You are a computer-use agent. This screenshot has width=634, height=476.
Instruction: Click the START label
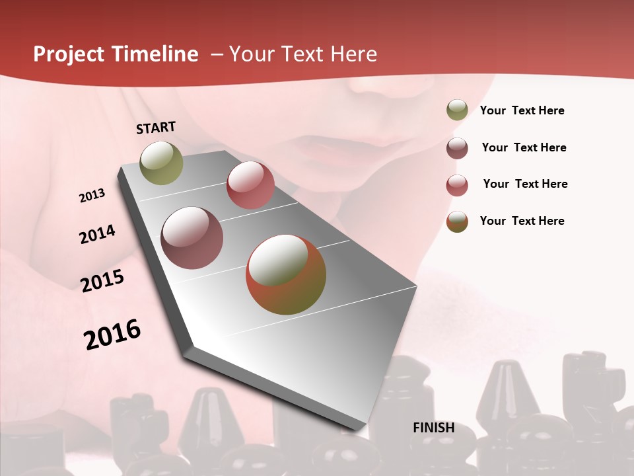point(156,127)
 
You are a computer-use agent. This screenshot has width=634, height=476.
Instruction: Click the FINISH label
point(433,428)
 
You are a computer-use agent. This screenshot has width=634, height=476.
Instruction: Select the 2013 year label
point(92,196)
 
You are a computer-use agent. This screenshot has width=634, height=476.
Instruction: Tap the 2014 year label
point(97,234)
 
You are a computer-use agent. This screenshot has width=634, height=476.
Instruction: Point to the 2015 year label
point(102,281)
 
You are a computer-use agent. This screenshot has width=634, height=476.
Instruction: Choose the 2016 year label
point(112,334)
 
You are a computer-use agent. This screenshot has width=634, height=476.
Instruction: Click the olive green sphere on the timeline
point(161,163)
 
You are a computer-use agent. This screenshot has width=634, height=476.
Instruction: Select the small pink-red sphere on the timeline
point(250,185)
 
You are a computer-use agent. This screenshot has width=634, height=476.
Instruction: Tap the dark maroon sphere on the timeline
point(192,238)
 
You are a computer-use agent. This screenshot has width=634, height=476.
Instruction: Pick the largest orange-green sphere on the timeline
point(286,274)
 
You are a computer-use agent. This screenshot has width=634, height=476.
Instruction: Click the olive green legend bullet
point(457,110)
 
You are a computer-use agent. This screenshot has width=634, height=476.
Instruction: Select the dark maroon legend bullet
point(457,147)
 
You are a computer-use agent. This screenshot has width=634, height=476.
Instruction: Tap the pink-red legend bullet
point(457,184)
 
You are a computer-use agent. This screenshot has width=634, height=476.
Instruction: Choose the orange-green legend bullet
point(457,221)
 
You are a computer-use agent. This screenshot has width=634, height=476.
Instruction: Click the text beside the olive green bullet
point(522,111)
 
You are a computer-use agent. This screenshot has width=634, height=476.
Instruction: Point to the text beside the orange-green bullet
point(522,221)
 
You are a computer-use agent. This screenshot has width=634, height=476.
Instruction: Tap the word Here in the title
point(353,54)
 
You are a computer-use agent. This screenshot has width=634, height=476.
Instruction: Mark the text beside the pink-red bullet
point(525,184)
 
